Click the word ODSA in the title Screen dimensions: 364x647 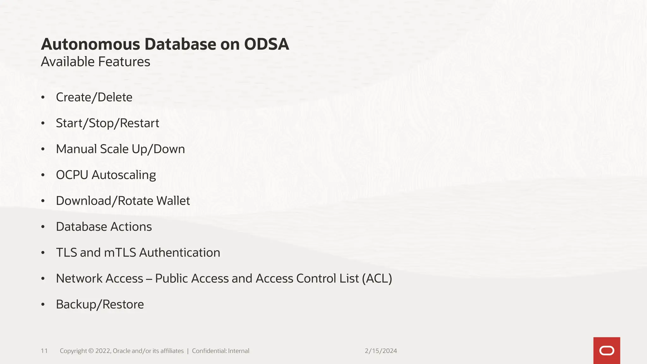[x=266, y=44]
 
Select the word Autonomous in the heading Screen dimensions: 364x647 [x=90, y=44]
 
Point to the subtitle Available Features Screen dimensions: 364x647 [x=95, y=62]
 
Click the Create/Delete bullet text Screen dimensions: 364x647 [x=94, y=97]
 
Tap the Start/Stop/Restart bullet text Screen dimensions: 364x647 [x=107, y=123]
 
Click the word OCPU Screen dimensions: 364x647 [x=72, y=175]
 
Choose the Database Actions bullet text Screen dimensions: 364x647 [x=104, y=227]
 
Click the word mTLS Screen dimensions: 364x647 [x=120, y=253]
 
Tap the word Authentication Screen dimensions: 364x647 [x=179, y=253]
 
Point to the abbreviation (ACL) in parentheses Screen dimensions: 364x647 [x=377, y=279]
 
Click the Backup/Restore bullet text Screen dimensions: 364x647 [x=100, y=305]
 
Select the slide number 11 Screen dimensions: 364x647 [x=44, y=351]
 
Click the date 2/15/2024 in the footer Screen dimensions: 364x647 [x=381, y=351]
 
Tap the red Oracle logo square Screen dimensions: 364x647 [x=607, y=350]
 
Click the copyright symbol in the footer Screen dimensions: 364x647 [x=91, y=351]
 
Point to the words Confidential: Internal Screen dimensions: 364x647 [x=221, y=351]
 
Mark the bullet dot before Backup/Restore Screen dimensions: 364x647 [x=43, y=305]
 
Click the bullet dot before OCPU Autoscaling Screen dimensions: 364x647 [x=43, y=175]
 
